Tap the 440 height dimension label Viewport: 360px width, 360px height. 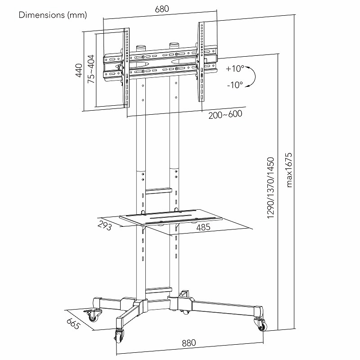point(79,70)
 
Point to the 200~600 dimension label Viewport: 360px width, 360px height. point(225,114)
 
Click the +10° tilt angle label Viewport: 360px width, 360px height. point(234,69)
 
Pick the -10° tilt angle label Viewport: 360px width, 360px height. point(234,84)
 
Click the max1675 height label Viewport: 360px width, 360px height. point(289,169)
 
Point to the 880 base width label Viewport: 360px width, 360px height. point(189,343)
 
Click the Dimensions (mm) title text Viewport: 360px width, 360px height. point(53,15)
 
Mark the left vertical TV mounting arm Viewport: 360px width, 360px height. point(127,67)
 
